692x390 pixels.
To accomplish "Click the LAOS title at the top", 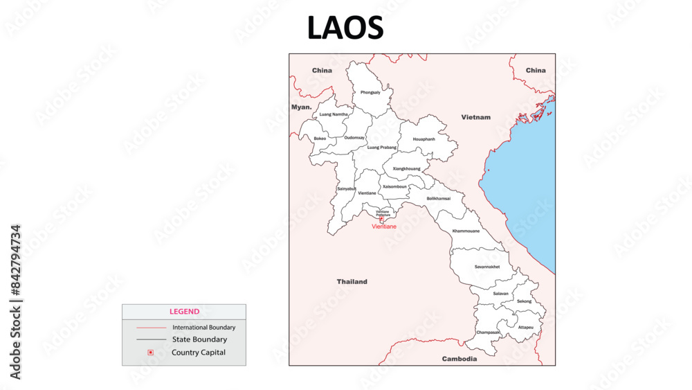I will pos(345,28).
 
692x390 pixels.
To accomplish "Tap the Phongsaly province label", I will pos(370,92).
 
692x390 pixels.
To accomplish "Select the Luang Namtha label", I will pos(334,114).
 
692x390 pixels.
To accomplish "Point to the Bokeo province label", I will pos(320,138).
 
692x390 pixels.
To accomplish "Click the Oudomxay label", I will pos(354,137).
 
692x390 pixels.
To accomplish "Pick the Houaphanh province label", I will pos(424,139).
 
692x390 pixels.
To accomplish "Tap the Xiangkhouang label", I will pos(406,168).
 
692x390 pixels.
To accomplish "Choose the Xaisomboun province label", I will pos(394,186).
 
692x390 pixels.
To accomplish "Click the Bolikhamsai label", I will pos(439,198).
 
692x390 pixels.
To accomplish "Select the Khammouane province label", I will pos(466,231).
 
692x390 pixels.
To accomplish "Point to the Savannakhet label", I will pos(487,267).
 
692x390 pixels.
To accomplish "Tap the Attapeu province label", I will pos(526,327).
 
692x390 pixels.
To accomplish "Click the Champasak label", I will pos(488,333).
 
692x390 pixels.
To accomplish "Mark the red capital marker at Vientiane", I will pos(381,220).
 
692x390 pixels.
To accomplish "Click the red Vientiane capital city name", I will pos(384,227).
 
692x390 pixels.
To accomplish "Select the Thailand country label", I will pos(352,282).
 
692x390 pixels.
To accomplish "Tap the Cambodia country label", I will pos(459,359).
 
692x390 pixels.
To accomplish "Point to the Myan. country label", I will pos(301,107).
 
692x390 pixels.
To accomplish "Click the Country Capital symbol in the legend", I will pos(151,353).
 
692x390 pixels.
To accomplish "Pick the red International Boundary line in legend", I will pos(151,327).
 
